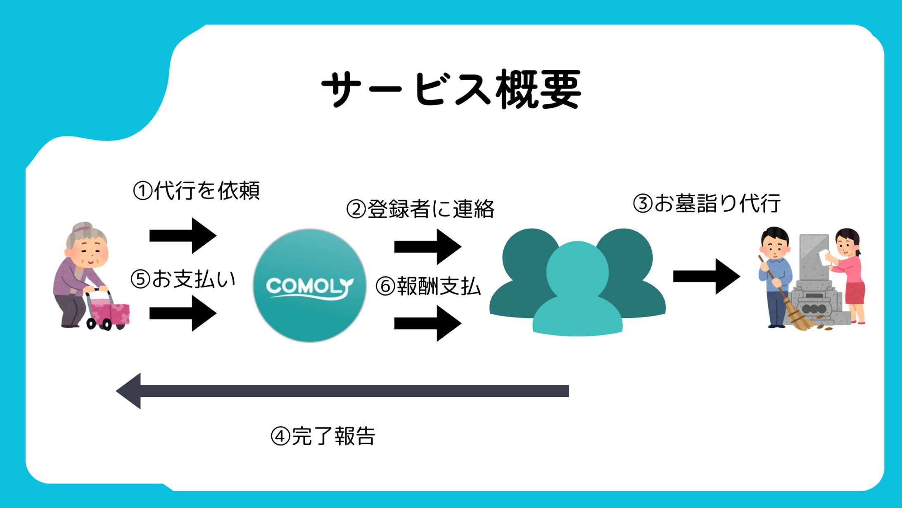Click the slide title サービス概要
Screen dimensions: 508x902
tap(451, 89)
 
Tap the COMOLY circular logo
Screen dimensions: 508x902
tap(309, 286)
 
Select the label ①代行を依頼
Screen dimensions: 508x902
tap(196, 191)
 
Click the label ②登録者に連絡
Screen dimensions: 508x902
tap(420, 209)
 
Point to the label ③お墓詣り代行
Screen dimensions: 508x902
tap(707, 203)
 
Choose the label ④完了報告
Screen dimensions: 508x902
tap(323, 436)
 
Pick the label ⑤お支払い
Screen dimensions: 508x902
tap(183, 279)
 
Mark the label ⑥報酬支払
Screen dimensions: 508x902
tap(428, 286)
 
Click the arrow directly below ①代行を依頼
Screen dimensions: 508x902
tap(183, 236)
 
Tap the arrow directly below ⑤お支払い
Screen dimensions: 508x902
tap(183, 313)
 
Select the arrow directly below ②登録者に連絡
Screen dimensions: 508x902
tap(428, 247)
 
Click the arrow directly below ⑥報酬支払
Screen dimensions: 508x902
tap(428, 323)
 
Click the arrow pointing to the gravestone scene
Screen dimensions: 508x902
tap(706, 277)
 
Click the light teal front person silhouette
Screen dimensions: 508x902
tap(577, 289)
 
